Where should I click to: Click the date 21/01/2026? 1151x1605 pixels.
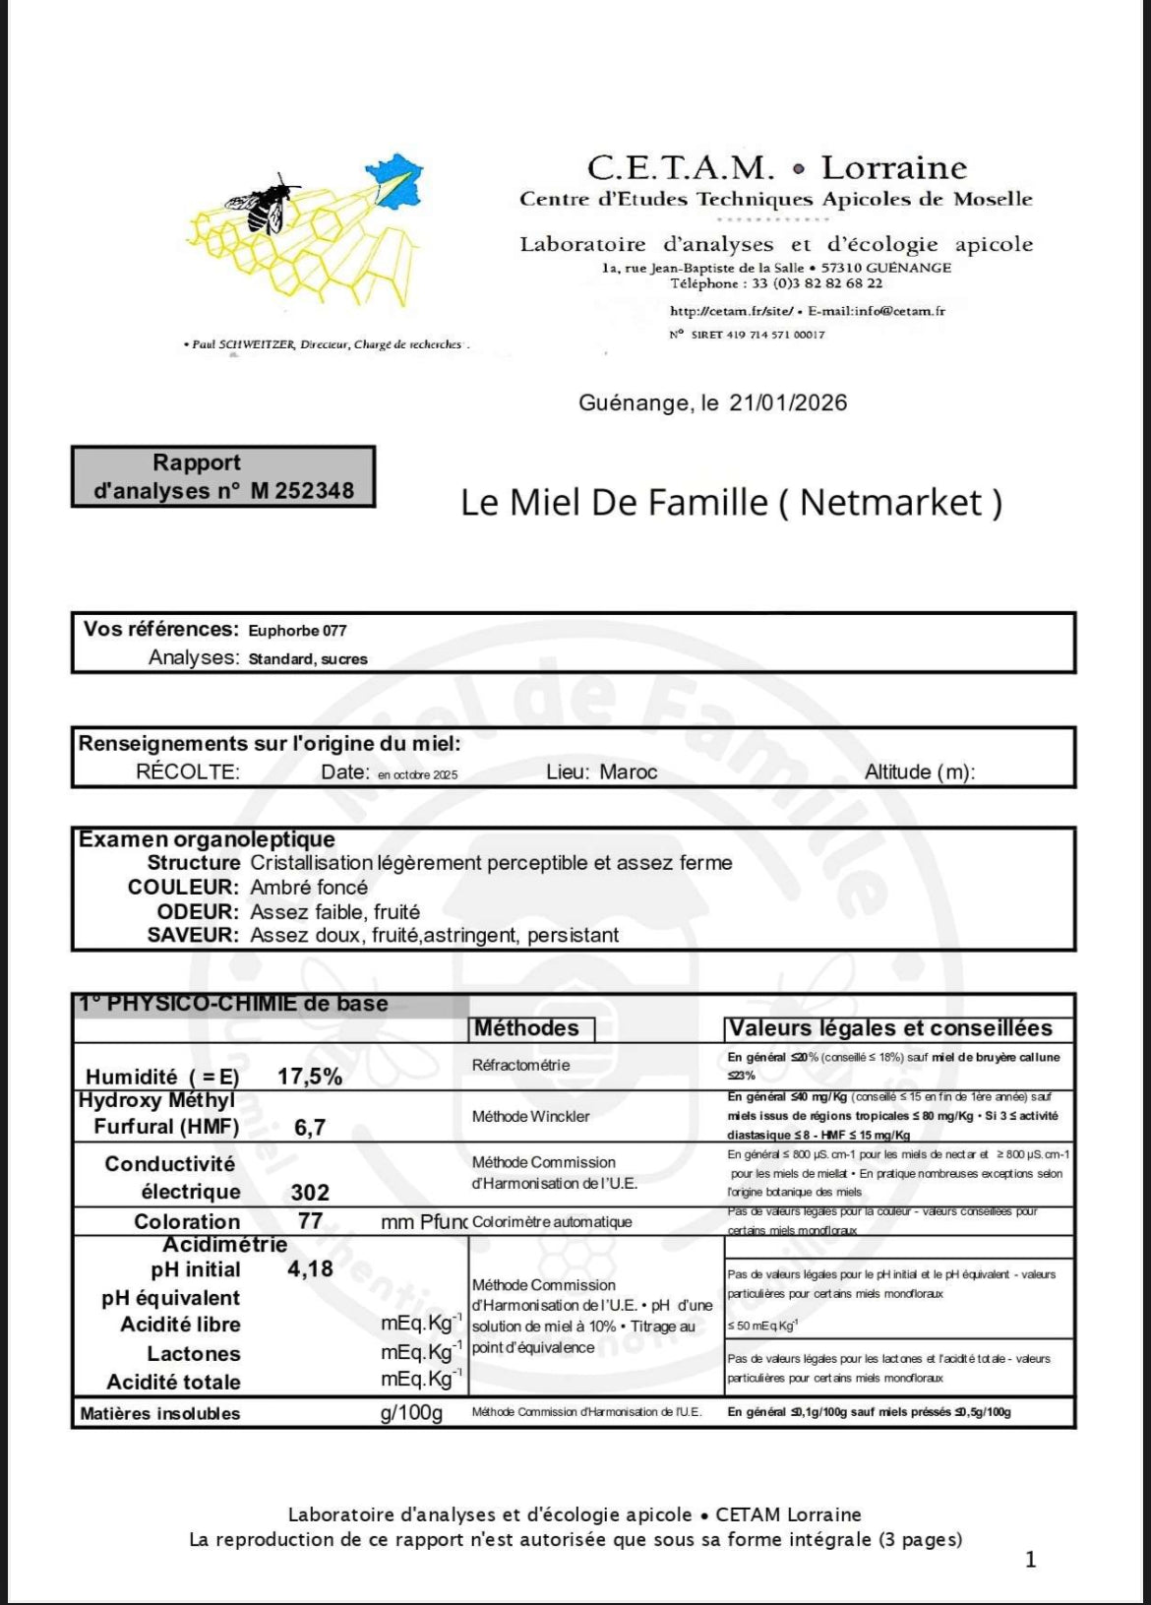tap(788, 402)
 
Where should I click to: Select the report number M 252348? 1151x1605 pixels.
tap(301, 490)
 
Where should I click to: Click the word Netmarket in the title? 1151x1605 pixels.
tap(890, 502)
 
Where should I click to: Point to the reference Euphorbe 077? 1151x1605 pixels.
tap(297, 631)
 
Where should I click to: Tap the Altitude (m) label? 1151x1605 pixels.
tap(919, 772)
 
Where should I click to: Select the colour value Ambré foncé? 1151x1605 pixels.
tap(309, 887)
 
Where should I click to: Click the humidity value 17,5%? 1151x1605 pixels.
tap(310, 1076)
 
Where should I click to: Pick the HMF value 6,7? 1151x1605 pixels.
tap(310, 1127)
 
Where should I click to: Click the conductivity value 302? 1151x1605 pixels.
tap(310, 1192)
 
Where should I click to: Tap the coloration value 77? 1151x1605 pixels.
tap(310, 1221)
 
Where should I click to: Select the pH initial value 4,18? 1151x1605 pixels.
tap(310, 1268)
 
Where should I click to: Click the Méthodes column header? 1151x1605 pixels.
tap(527, 1028)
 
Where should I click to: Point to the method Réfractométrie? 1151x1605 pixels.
tap(520, 1065)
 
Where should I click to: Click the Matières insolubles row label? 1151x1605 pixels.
tap(159, 1413)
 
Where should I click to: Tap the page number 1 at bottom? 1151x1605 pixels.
tap(1030, 1559)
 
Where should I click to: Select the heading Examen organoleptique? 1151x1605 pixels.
tap(207, 839)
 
